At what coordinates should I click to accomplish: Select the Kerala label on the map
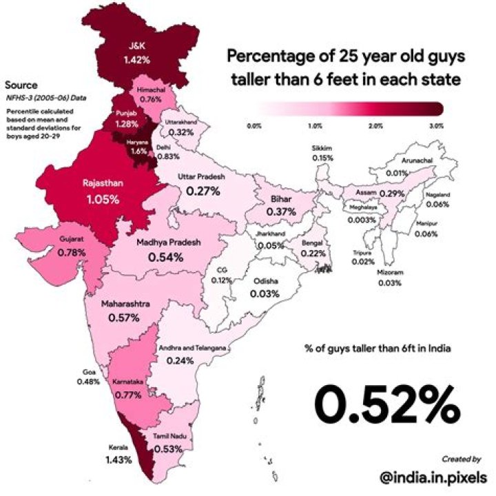118,446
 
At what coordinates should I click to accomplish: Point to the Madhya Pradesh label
168,243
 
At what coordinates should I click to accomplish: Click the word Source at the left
21,85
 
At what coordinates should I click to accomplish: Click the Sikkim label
322,148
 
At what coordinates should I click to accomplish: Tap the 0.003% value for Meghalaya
362,220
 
